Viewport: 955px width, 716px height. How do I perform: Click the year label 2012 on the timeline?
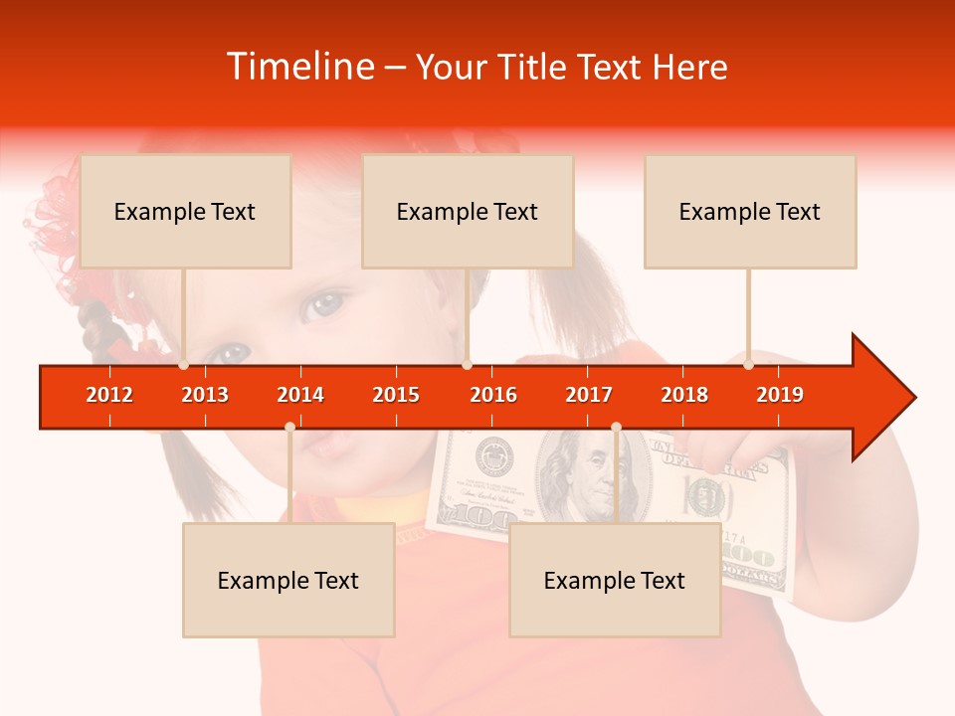[x=109, y=395]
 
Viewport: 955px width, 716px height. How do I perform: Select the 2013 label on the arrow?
[x=205, y=395]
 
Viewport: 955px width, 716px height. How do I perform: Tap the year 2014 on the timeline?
[x=300, y=395]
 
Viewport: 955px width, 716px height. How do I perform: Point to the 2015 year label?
[x=396, y=395]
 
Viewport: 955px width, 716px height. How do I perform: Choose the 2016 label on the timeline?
[x=493, y=395]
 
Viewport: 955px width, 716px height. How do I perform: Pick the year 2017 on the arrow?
[x=589, y=395]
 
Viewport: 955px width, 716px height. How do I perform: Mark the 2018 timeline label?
[x=684, y=395]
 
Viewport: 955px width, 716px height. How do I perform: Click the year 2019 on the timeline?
[x=780, y=395]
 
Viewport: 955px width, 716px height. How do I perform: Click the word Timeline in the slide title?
[x=298, y=67]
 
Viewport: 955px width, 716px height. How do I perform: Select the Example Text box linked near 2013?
[x=185, y=211]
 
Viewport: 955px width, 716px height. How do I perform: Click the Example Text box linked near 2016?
[x=468, y=211]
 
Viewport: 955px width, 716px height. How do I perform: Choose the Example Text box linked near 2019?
[x=750, y=211]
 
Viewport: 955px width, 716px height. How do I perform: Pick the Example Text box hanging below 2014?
[x=288, y=580]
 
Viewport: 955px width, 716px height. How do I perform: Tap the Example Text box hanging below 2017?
[x=615, y=580]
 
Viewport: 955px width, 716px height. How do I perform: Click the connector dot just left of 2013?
[x=183, y=365]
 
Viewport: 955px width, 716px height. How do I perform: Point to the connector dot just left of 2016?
[x=467, y=365]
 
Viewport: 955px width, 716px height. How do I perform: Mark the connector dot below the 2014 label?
[x=289, y=427]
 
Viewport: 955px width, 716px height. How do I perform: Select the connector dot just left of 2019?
[x=748, y=365]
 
